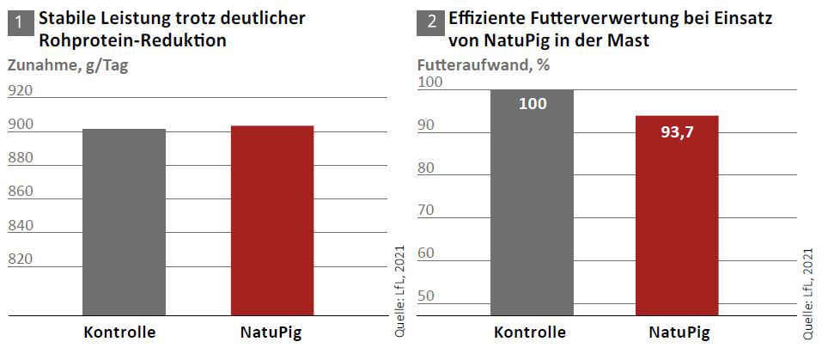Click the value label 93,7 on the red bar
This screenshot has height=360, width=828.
coord(677,133)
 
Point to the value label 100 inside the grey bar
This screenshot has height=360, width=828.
coord(533,104)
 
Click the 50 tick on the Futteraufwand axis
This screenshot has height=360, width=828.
coord(427,296)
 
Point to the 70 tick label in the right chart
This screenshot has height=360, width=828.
coord(427,210)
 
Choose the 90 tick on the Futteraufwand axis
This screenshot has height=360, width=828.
coord(427,125)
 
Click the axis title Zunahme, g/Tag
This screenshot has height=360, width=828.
coord(68,65)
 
